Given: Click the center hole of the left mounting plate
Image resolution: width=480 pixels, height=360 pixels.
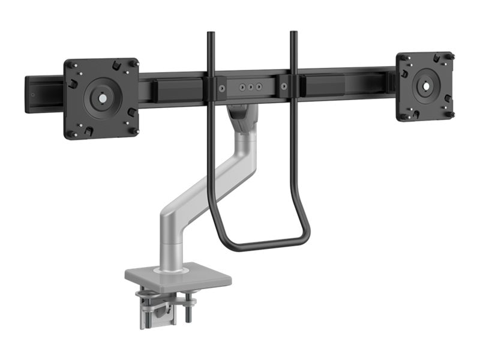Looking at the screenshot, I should tap(101, 96).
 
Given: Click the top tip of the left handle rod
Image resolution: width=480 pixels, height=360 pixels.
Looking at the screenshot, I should tap(210, 34).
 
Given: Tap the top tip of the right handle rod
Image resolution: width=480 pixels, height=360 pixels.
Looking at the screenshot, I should tap(293, 34).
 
